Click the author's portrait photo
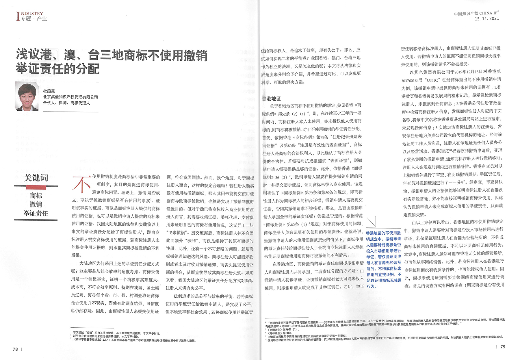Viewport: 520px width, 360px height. click(x=27, y=96)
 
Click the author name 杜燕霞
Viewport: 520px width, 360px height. click(x=49, y=91)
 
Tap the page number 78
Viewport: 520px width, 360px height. click(x=15, y=349)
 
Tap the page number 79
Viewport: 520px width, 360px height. click(x=503, y=347)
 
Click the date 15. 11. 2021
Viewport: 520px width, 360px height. click(x=487, y=19)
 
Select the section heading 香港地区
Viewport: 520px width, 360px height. click(x=271, y=99)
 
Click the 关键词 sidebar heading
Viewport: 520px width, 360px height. click(x=36, y=178)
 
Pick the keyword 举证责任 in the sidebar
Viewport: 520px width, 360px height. click(x=36, y=214)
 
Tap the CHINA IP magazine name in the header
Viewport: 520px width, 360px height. click(x=489, y=13)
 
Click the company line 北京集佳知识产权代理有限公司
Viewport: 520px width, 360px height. click(x=70, y=97)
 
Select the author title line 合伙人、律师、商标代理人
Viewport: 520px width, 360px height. click(x=66, y=103)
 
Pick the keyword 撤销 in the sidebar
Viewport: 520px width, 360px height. click(x=36, y=205)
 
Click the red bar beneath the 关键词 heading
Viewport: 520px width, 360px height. click(x=36, y=188)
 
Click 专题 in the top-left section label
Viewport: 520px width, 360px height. click(x=26, y=19)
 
